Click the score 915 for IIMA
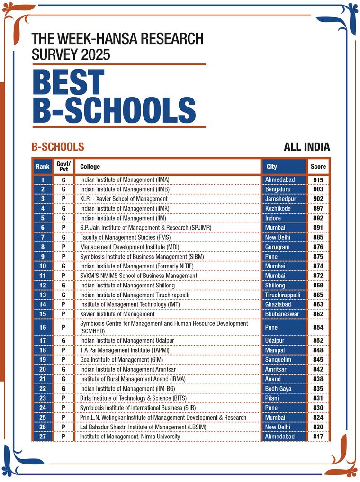pos(318,180)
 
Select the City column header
pos(272,167)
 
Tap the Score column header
pos(318,167)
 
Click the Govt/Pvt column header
pos(63,167)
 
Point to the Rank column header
pos(43,167)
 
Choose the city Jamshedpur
pos(279,199)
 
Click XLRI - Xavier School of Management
pos(124,199)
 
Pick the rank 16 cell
pos(43,327)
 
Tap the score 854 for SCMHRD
pos(318,327)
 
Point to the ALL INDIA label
pos(306,147)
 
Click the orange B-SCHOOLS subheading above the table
pos(58,147)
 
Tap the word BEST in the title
pos(69,82)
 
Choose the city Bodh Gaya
pos(279,389)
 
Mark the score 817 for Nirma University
pos(318,437)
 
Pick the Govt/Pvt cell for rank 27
pos(63,437)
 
